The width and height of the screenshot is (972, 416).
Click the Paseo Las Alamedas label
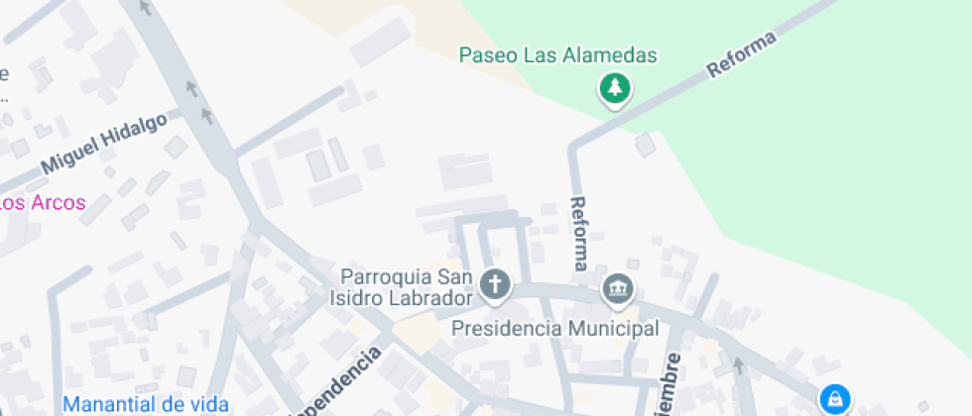(x=558, y=55)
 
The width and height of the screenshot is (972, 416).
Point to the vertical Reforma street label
(x=579, y=233)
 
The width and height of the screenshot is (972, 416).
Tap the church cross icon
(x=494, y=286)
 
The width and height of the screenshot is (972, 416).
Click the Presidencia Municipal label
(x=555, y=328)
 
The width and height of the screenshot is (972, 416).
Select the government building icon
(x=618, y=288)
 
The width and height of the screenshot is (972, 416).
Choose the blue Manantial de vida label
(x=146, y=404)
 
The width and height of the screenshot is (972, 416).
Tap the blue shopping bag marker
(x=835, y=398)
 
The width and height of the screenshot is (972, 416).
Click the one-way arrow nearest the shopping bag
(x=737, y=365)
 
